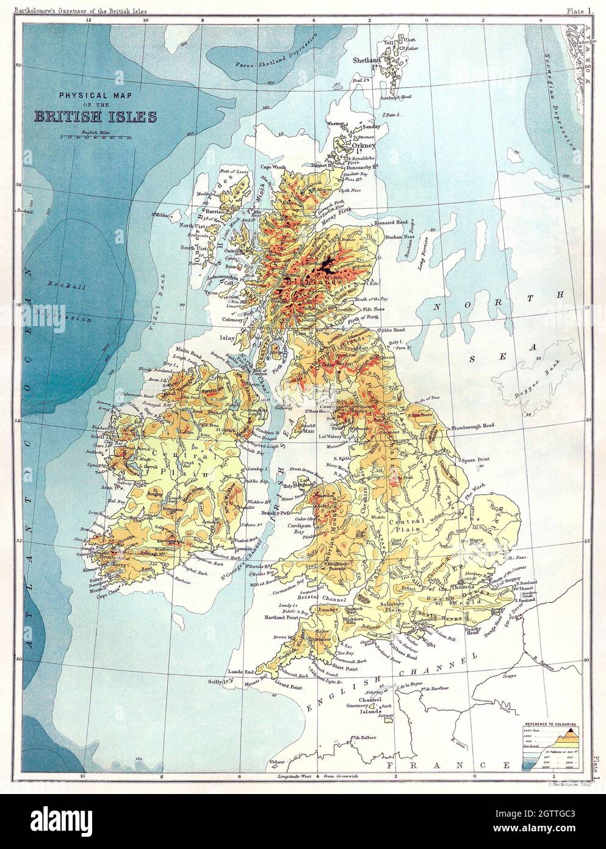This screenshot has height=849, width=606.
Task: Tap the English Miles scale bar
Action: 98,137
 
